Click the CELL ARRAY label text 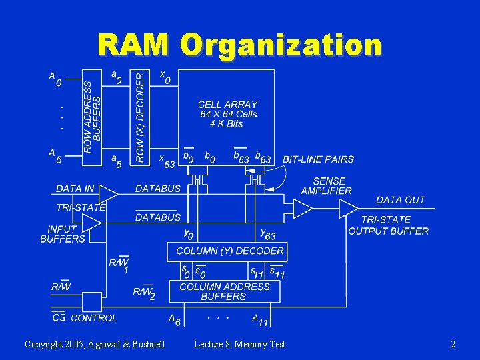click(227, 105)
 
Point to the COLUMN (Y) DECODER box click(230, 251)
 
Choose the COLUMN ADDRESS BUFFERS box click(225, 291)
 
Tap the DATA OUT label click(400, 200)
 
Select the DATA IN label click(75, 189)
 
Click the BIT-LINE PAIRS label click(318, 159)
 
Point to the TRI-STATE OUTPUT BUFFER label click(388, 225)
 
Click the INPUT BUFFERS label click(63, 234)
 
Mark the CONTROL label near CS click(93, 318)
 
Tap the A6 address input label click(174, 319)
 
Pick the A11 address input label click(260, 320)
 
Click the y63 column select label click(267, 234)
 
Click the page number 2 click(453, 344)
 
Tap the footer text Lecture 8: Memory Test click(239, 344)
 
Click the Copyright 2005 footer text click(95, 344)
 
